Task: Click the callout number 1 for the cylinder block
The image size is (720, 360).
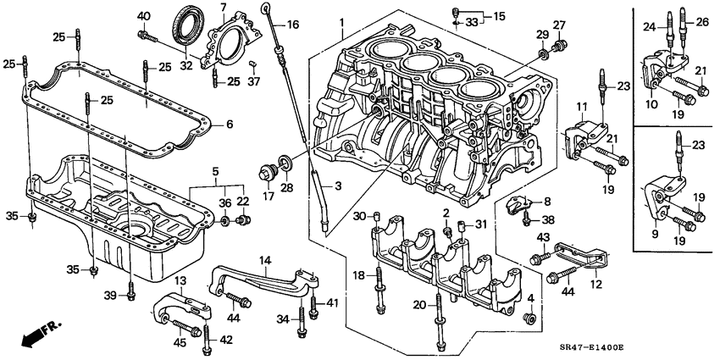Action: pyautogui.click(x=341, y=22)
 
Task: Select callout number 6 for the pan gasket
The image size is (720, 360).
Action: pyautogui.click(x=228, y=124)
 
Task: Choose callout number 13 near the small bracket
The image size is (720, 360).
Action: pyautogui.click(x=180, y=280)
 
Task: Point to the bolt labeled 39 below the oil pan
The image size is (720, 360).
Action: pyautogui.click(x=130, y=296)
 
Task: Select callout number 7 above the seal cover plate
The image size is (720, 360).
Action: pyautogui.click(x=223, y=8)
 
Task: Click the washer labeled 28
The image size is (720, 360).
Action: pyautogui.click(x=285, y=163)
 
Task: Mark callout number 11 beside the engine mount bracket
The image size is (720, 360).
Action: pyautogui.click(x=582, y=107)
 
